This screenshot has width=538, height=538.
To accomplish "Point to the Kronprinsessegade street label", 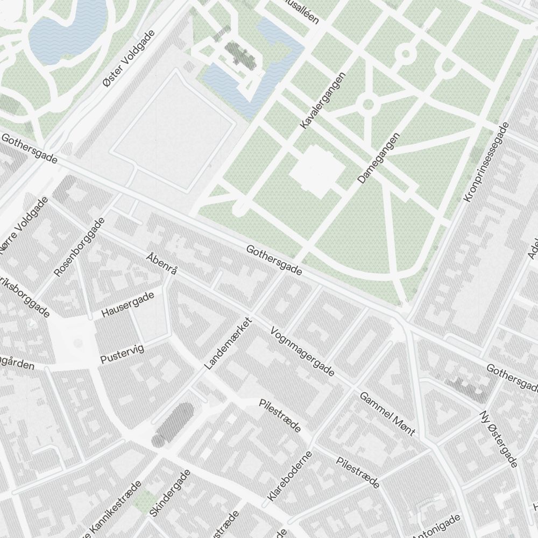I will click(x=486, y=162).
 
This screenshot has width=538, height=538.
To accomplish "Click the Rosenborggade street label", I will click(x=79, y=247).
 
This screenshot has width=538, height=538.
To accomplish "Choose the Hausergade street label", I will click(x=128, y=305).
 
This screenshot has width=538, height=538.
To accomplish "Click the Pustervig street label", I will click(x=122, y=355).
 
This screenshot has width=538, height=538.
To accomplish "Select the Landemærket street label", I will click(x=228, y=344).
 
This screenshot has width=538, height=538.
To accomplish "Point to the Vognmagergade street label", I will click(x=302, y=352).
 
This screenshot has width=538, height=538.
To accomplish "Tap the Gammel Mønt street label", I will click(x=387, y=413).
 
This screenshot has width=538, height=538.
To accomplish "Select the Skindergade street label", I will click(x=170, y=493).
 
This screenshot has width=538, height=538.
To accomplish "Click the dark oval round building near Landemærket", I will click(x=173, y=424).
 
